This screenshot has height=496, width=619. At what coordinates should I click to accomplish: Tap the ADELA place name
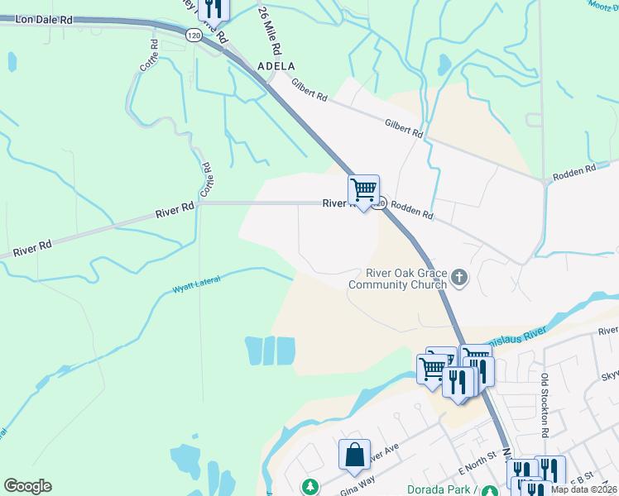coord(276,65)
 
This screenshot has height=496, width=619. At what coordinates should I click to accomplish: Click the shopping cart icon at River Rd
coord(363,190)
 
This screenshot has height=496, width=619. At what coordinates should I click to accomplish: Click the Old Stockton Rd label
coord(545,406)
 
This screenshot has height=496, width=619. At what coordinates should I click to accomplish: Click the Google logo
coord(27,486)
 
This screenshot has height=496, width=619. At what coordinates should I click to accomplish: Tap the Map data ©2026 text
coord(584,489)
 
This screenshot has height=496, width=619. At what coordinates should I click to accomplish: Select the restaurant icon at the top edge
coord(214,8)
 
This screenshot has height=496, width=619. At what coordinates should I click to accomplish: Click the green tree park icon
coord(310,487)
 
